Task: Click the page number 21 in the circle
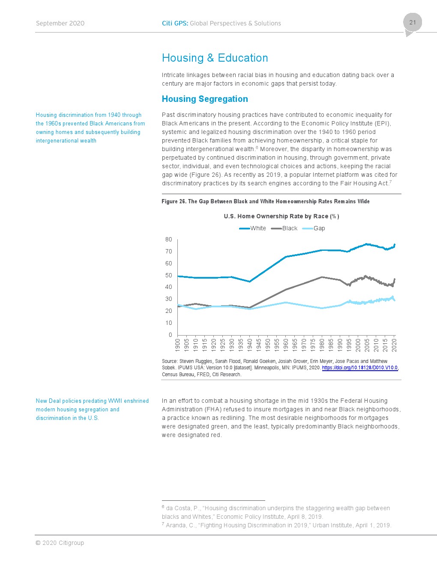(x=412, y=22)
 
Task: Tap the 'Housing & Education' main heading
(x=215, y=58)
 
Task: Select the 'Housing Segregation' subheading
(x=205, y=99)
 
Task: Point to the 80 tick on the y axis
(x=169, y=240)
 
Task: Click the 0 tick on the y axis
(x=171, y=335)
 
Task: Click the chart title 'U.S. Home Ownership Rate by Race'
(x=281, y=217)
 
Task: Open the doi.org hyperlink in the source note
(x=360, y=368)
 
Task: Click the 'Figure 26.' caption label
(x=174, y=202)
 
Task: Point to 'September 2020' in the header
(x=60, y=24)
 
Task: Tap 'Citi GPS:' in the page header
(x=175, y=24)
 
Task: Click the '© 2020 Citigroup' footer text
(x=60, y=543)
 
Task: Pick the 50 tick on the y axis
(x=169, y=275)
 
